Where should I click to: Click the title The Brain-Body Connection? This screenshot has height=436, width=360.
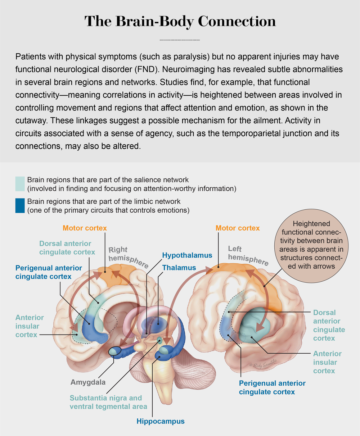[180, 22]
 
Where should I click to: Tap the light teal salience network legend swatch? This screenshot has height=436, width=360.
[20, 184]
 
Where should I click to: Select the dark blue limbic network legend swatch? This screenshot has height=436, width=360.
[20, 206]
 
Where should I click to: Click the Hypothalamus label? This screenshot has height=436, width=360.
[187, 255]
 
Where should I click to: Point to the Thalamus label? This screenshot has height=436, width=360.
[179, 268]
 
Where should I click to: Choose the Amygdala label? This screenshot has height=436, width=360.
[88, 382]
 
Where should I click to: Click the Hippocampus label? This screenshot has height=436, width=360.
[161, 421]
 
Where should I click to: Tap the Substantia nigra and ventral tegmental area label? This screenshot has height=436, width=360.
[108, 402]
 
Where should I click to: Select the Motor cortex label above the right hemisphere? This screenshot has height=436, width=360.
[85, 228]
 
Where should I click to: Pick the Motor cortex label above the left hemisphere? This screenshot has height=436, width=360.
[238, 228]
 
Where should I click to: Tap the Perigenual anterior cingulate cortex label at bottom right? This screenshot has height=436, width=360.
[272, 387]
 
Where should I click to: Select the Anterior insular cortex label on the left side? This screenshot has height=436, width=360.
[30, 326]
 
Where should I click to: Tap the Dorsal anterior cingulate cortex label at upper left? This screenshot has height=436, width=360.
[67, 248]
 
